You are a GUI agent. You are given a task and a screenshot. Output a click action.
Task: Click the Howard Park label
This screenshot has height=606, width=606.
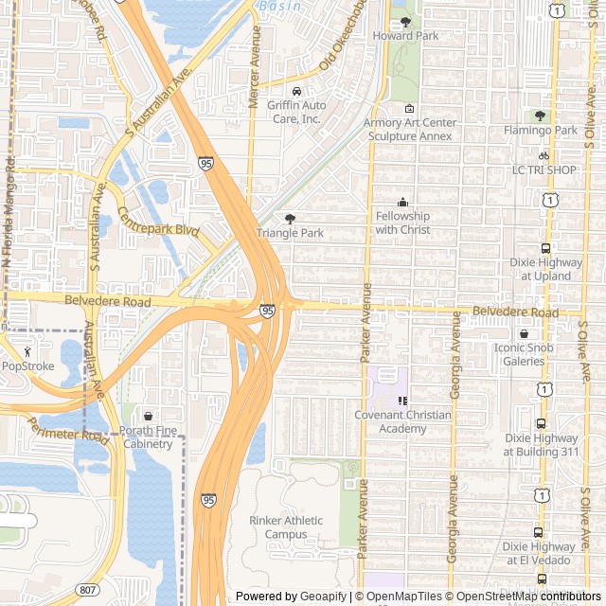click(405, 36)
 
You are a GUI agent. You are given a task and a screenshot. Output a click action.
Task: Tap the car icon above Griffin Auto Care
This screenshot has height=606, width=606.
click(296, 92)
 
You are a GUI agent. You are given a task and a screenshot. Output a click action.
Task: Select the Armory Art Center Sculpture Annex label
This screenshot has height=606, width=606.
click(410, 130)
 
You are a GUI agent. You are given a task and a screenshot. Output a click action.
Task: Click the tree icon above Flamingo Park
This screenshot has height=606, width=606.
click(540, 116)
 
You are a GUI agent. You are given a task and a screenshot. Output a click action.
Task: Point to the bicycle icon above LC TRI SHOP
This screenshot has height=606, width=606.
click(544, 156)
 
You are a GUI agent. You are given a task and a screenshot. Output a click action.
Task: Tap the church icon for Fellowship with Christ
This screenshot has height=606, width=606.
click(402, 202)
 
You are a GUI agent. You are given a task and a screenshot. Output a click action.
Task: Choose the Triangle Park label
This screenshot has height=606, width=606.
click(290, 232)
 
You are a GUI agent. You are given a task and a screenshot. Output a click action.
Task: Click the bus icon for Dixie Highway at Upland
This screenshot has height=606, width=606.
click(545, 249)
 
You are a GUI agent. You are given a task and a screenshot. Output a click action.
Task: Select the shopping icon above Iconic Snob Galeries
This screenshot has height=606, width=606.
click(524, 334)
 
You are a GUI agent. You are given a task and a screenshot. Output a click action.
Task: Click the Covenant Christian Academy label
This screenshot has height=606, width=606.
click(403, 421)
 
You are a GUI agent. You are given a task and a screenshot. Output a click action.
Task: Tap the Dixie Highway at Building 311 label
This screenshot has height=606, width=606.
click(540, 445)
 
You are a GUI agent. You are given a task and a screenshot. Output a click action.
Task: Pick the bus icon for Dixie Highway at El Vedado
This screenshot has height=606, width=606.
click(539, 533)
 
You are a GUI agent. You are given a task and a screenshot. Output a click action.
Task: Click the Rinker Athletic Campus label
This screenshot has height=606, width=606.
click(286, 527)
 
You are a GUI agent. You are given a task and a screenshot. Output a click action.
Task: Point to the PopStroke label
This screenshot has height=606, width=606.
click(27, 365)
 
